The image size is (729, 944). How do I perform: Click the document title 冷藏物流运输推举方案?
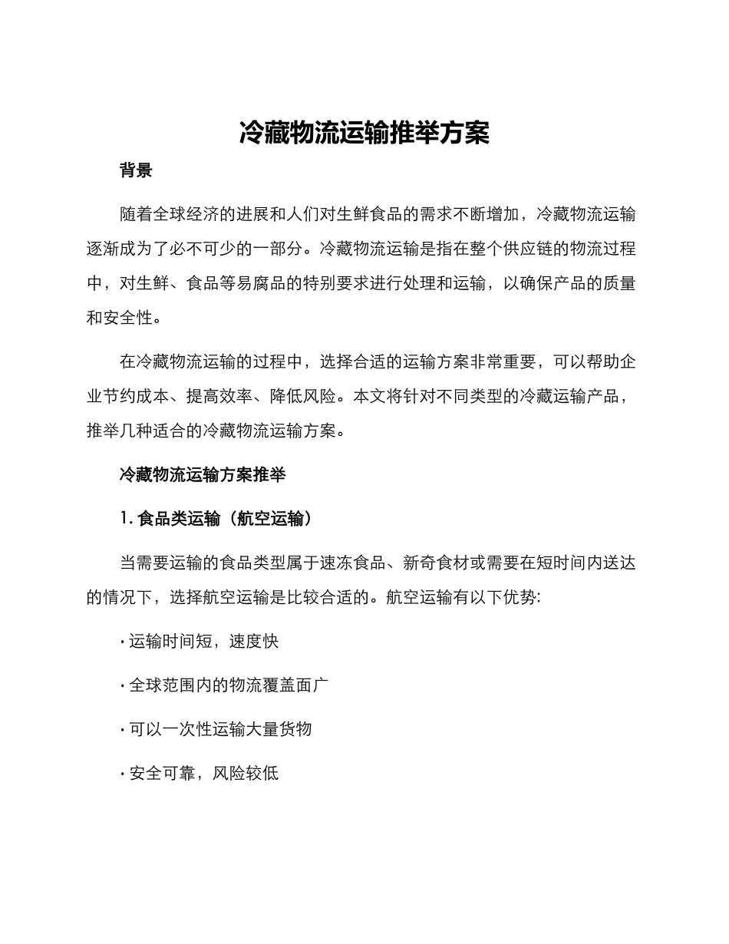[x=364, y=133]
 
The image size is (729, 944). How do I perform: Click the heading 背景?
[x=136, y=170]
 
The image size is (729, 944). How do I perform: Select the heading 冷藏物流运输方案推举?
[x=203, y=475]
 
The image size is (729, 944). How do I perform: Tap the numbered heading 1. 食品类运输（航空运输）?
[x=216, y=519]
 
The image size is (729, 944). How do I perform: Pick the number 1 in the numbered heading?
[x=124, y=519]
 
